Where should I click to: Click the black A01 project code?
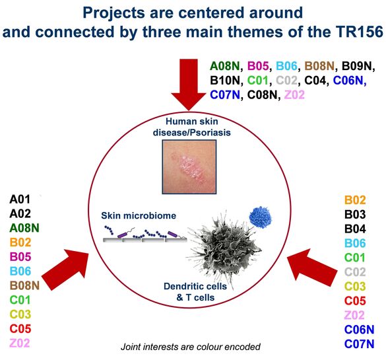pyautogui.click(x=20, y=199)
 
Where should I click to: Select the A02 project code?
pyautogui.click(x=20, y=213)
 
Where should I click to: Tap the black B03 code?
pyautogui.click(x=355, y=215)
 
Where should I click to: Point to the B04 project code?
pyautogui.click(x=355, y=229)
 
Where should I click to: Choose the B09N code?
pyautogui.click(x=357, y=66)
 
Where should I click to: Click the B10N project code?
pyautogui.click(x=225, y=81)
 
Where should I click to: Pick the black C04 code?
pyautogui.click(x=315, y=81)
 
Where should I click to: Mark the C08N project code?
pyautogui.click(x=262, y=95)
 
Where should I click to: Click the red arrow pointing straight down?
pyautogui.click(x=189, y=85)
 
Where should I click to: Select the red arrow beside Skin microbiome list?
pyautogui.click(x=65, y=270)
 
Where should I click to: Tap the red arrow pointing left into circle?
pyautogui.click(x=312, y=268)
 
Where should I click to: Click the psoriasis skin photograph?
pyautogui.click(x=189, y=167)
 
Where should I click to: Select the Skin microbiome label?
pyautogui.click(x=139, y=215)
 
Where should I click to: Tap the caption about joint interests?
pyautogui.click(x=191, y=347)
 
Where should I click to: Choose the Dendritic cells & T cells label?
pyautogui.click(x=195, y=292)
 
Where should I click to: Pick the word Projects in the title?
pyautogui.click(x=113, y=13)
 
